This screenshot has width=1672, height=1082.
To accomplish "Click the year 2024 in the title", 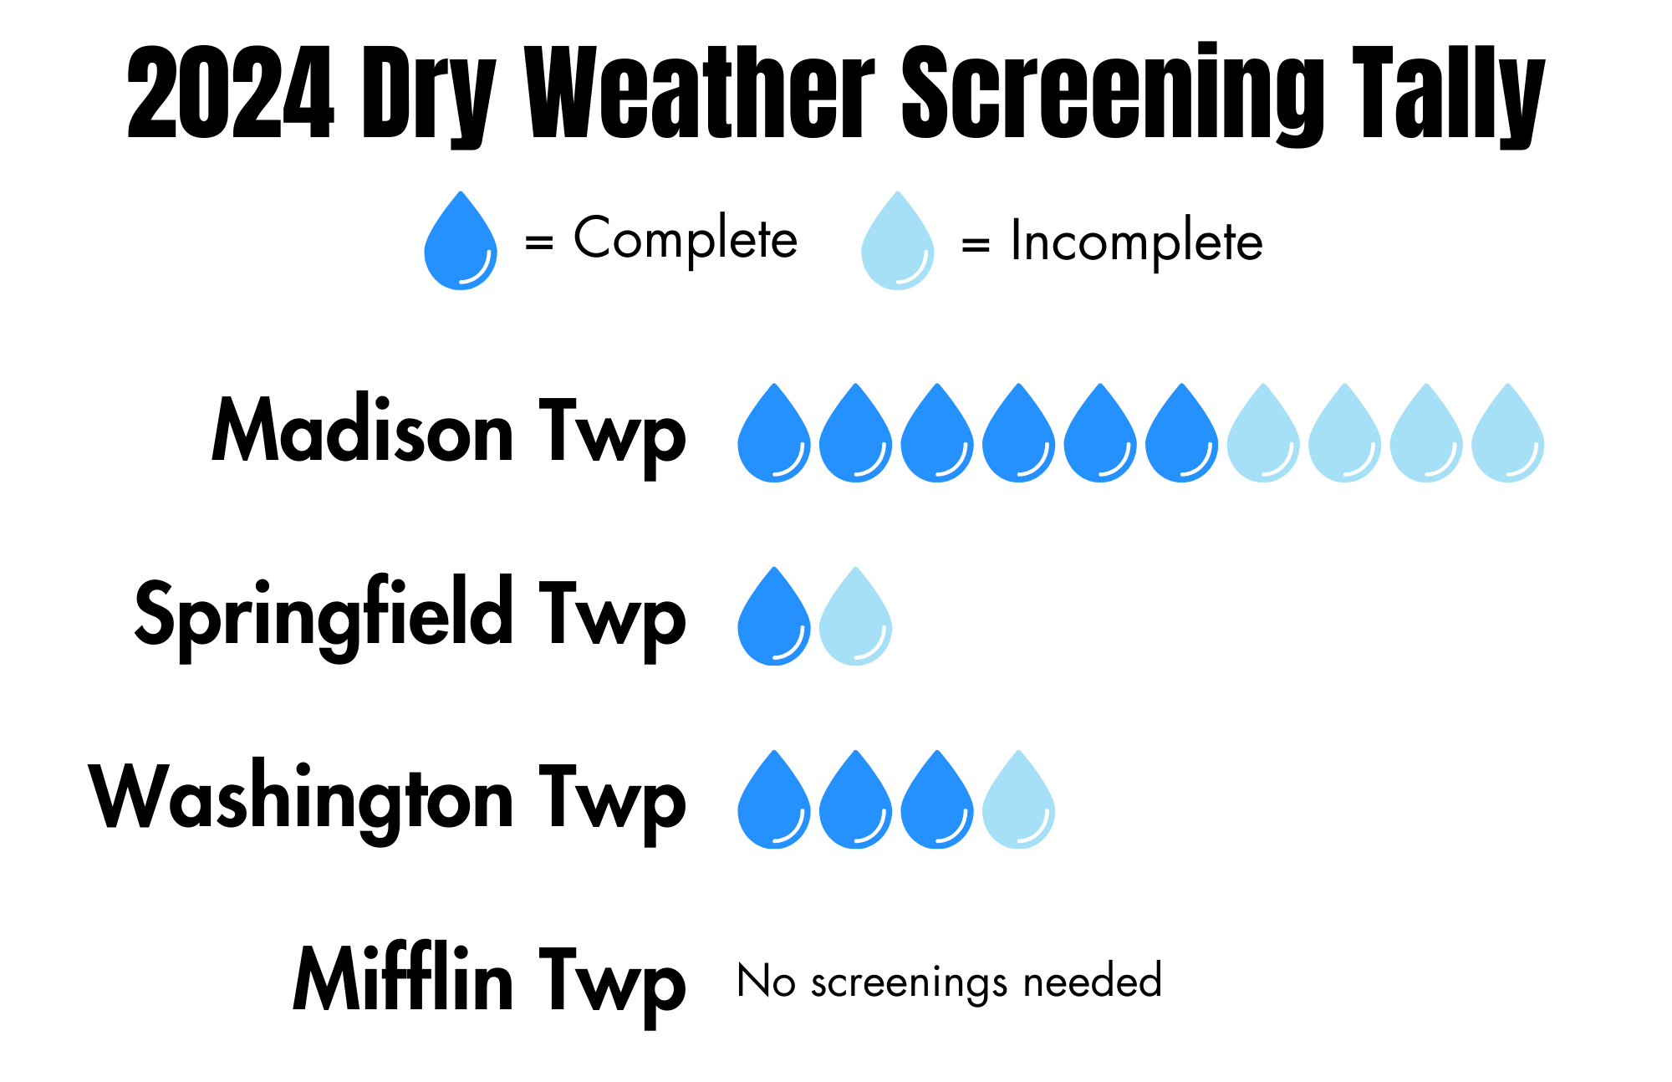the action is [x=231, y=92].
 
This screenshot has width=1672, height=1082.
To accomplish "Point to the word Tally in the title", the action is [x=1449, y=94].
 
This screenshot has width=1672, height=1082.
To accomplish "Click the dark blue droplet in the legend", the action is [x=461, y=241].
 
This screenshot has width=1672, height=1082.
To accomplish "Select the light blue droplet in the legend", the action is [x=898, y=241].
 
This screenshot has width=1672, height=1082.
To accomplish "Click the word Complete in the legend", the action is [x=686, y=240].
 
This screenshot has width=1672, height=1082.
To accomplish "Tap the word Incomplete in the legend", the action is [x=1137, y=242].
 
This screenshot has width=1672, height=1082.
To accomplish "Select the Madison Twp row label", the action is [x=449, y=433].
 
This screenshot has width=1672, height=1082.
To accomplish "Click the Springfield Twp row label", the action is [x=410, y=617].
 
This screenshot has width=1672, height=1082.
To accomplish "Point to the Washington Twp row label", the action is [x=388, y=800].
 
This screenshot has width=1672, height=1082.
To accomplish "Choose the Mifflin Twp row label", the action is [x=490, y=982].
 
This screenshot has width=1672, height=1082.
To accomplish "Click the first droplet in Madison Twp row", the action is [x=774, y=433].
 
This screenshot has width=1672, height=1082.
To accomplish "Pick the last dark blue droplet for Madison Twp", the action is [x=1182, y=433].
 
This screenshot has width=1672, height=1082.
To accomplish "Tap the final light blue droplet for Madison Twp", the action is [x=1508, y=433].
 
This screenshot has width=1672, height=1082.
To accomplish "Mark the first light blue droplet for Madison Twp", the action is [x=1263, y=433].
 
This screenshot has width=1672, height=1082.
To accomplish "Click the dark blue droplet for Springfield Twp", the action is [x=774, y=616].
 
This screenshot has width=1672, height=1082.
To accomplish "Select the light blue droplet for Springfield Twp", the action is [x=855, y=616].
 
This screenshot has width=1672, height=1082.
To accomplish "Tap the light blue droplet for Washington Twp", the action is [x=1019, y=799].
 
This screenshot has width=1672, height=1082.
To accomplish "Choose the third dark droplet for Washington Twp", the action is [x=937, y=799].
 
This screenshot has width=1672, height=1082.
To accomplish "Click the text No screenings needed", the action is [x=950, y=982].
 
